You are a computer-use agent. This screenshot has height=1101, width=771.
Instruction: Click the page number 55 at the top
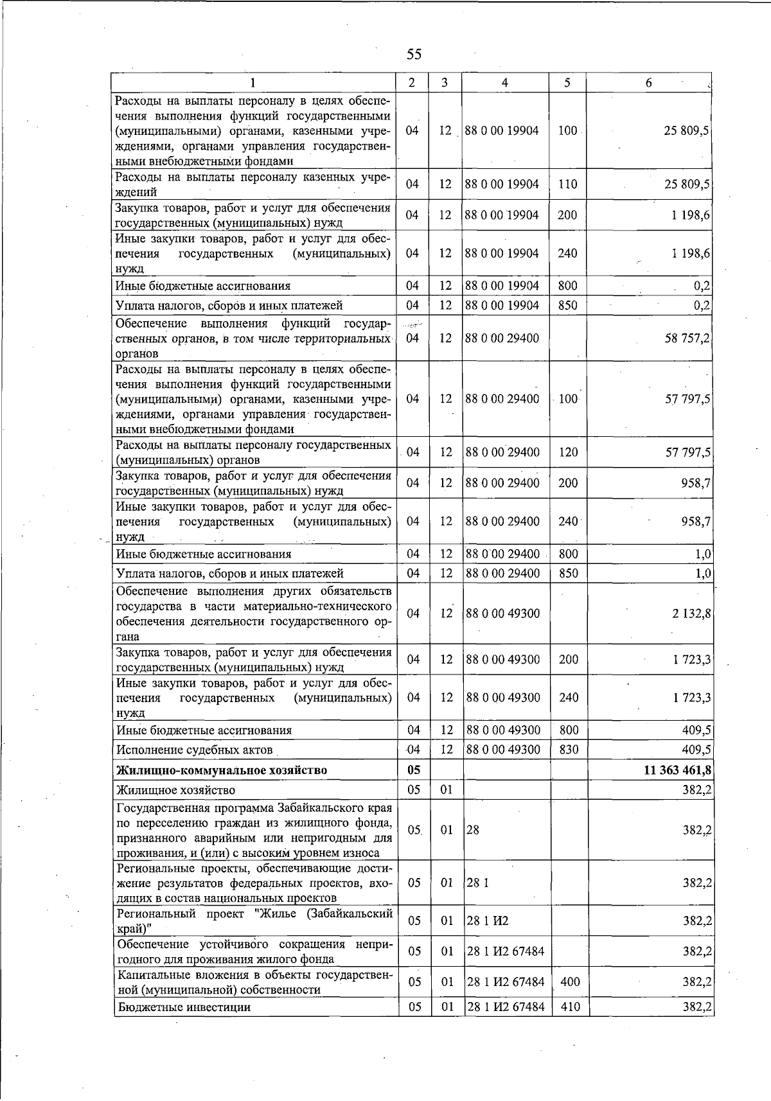point(414,55)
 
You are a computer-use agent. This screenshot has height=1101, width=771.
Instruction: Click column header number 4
point(505,82)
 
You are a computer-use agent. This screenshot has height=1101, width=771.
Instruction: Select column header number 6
point(649,82)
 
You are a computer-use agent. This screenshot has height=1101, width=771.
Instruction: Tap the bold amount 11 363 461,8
point(677,770)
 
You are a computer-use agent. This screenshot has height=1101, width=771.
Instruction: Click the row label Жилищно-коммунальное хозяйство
point(222,770)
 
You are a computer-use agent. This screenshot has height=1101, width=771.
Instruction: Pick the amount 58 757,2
point(687,338)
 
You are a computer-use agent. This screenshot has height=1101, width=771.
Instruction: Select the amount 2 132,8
point(691,613)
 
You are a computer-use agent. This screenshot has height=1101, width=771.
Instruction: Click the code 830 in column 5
point(569,750)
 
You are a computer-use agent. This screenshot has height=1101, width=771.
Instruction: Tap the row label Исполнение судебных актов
point(195,750)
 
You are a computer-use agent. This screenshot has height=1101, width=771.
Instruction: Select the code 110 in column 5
point(567,184)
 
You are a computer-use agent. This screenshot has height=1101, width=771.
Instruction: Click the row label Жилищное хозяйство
point(175,790)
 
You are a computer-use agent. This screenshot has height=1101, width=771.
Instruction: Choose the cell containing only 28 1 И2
point(488,921)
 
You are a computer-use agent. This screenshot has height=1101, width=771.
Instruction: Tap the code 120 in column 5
point(568,452)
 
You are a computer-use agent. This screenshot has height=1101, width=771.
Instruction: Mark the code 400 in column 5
point(570,982)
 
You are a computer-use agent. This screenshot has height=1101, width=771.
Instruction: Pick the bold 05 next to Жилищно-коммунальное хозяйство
point(414,770)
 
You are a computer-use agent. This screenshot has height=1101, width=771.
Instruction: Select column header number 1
point(253,82)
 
